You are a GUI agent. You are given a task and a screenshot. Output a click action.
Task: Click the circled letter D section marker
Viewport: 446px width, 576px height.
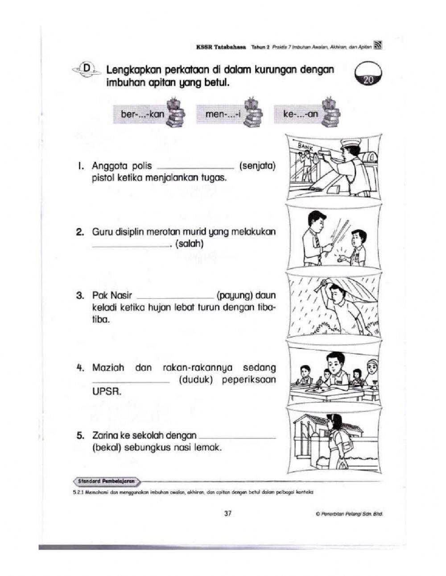[x=87, y=68]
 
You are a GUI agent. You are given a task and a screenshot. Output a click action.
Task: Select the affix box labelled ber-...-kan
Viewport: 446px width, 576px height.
[x=143, y=114]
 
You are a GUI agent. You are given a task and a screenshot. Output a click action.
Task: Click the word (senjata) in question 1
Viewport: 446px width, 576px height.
[x=257, y=166]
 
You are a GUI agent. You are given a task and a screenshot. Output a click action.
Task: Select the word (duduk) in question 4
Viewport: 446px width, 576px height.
[x=195, y=380]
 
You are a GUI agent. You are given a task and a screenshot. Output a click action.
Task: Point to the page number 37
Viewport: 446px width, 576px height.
[x=227, y=514]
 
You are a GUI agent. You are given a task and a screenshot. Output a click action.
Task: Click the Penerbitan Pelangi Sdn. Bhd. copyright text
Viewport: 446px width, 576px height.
[x=349, y=514]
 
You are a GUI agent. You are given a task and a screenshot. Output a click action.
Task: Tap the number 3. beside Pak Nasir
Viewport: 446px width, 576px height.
[x=80, y=295]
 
